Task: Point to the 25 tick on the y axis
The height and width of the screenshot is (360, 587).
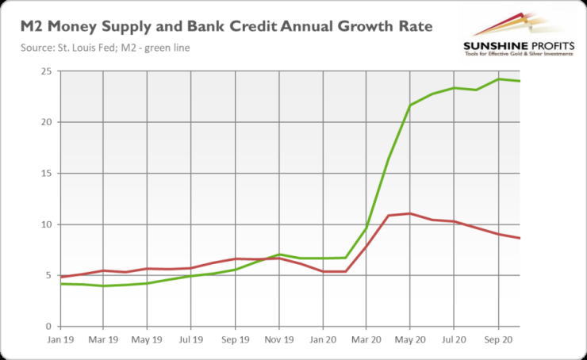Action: [47, 71]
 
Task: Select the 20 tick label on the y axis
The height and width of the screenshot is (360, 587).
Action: [47, 122]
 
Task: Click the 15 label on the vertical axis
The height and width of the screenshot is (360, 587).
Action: [47, 174]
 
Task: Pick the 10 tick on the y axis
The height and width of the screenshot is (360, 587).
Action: [47, 224]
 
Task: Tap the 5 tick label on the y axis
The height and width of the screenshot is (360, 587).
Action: [49, 276]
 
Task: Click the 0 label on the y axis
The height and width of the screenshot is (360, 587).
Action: [49, 327]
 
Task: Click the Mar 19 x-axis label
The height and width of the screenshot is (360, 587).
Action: [103, 339]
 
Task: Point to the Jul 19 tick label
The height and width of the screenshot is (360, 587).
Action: [191, 339]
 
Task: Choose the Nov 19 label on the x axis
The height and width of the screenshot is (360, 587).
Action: [278, 339]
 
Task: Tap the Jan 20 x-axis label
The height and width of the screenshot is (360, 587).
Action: [322, 339]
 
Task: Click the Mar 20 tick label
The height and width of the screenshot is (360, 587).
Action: [366, 339]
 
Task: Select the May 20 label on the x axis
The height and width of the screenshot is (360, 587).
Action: [410, 339]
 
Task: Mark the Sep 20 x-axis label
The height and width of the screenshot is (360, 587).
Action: [497, 339]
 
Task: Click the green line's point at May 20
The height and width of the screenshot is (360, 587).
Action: [410, 105]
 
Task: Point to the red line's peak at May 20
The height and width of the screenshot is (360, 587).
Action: [410, 213]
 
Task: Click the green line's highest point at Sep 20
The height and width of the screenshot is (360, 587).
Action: [498, 79]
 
